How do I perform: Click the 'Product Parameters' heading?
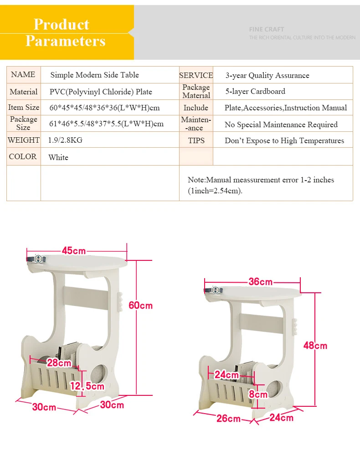click(66, 32)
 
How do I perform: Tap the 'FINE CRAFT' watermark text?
click(267, 29)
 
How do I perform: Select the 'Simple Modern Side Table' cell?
click(95, 75)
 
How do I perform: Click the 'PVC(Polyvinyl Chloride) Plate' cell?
click(101, 92)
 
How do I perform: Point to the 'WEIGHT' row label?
click(24, 140)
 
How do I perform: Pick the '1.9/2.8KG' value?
click(65, 140)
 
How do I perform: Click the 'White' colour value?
click(58, 157)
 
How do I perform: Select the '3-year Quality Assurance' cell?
click(267, 75)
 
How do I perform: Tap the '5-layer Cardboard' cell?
click(255, 92)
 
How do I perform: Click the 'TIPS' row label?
click(196, 140)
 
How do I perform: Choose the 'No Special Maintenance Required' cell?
click(281, 124)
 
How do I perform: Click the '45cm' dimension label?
click(74, 250)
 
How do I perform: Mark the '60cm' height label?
click(141, 306)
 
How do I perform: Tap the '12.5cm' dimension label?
click(87, 386)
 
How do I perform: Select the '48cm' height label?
click(315, 346)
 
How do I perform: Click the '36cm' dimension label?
click(261, 281)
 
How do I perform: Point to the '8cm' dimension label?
click(258, 394)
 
